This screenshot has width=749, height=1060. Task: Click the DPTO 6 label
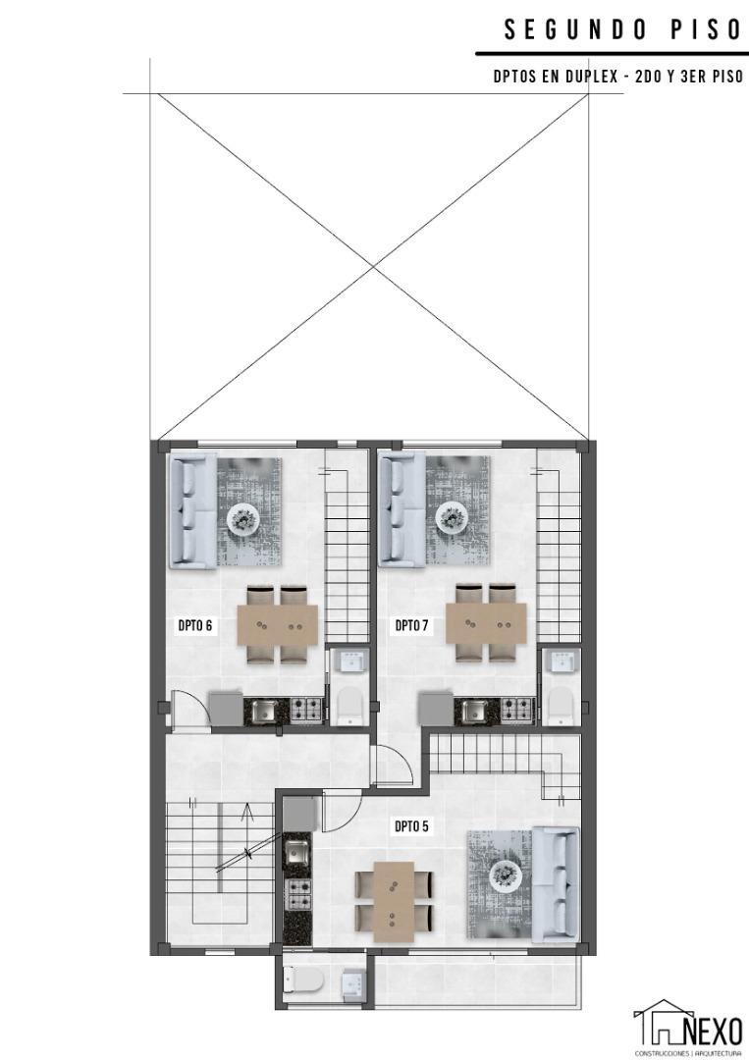pyautogui.click(x=195, y=624)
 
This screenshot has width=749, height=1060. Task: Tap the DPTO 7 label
pyautogui.click(x=412, y=624)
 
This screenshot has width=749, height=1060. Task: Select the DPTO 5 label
pyautogui.click(x=412, y=826)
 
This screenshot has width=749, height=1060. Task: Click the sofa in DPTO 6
pyautogui.click(x=192, y=510)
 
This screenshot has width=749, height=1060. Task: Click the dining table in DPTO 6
pyautogui.click(x=278, y=624)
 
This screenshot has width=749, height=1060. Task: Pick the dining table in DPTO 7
pyautogui.click(x=486, y=624)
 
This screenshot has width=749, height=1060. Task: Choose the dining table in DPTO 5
pyautogui.click(x=393, y=894)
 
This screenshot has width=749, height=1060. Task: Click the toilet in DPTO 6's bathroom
pyautogui.click(x=350, y=704)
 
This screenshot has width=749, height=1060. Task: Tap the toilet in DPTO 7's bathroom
pyautogui.click(x=560, y=704)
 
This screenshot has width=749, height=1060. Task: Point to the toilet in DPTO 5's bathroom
pyautogui.click(x=298, y=981)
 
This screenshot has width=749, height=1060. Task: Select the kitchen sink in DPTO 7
pyautogui.click(x=473, y=709)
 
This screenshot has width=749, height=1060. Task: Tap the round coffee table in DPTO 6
pyautogui.click(x=243, y=517)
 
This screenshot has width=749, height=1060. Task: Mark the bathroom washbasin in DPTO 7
pyautogui.click(x=562, y=662)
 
